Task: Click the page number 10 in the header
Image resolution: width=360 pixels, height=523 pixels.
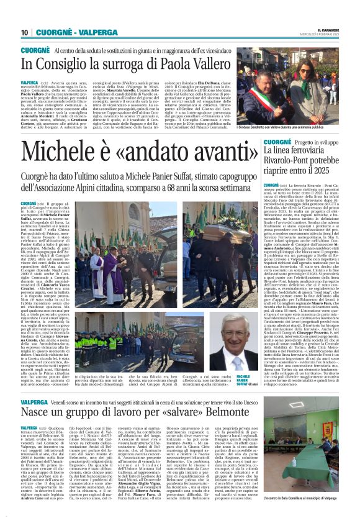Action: pos(24,32)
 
